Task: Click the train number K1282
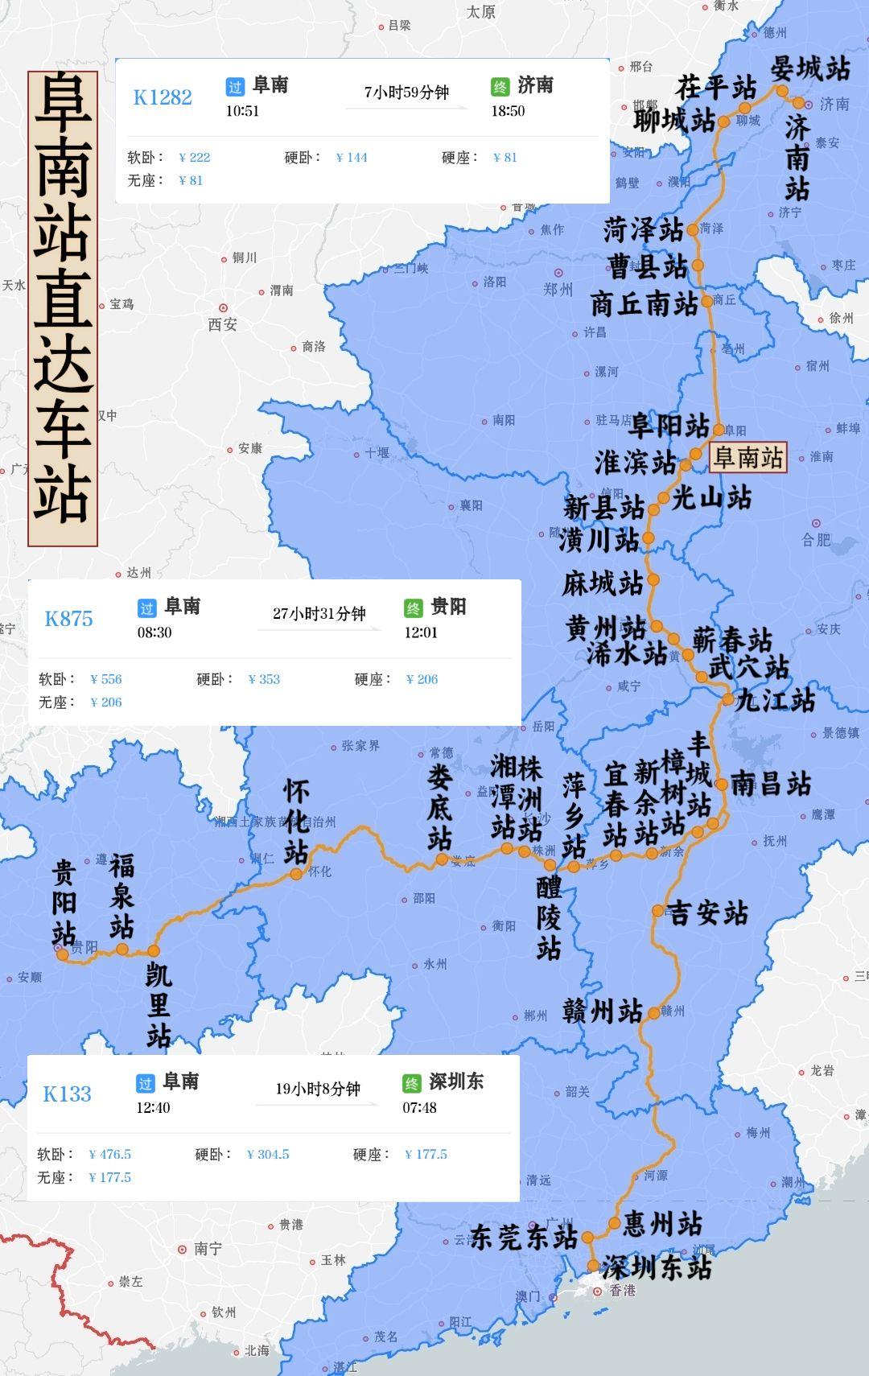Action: click(163, 97)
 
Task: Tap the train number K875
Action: click(68, 619)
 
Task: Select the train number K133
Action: click(67, 1094)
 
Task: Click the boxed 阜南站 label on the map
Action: click(748, 458)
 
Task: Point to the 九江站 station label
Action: click(776, 700)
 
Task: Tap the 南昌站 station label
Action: click(771, 784)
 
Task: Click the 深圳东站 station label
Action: click(657, 1268)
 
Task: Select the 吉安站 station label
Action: click(708, 913)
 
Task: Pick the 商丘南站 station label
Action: click(645, 304)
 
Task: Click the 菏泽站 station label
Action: click(643, 231)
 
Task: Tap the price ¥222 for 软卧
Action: click(195, 158)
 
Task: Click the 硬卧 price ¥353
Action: click(264, 679)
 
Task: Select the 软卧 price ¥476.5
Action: click(110, 1154)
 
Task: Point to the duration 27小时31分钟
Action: click(319, 614)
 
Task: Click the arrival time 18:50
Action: click(508, 111)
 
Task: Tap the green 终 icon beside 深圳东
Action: click(411, 1083)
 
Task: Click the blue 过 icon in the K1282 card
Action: click(235, 87)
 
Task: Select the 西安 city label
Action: click(223, 324)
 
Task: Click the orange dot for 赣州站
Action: click(653, 1013)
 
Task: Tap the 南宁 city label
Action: click(207, 1249)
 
